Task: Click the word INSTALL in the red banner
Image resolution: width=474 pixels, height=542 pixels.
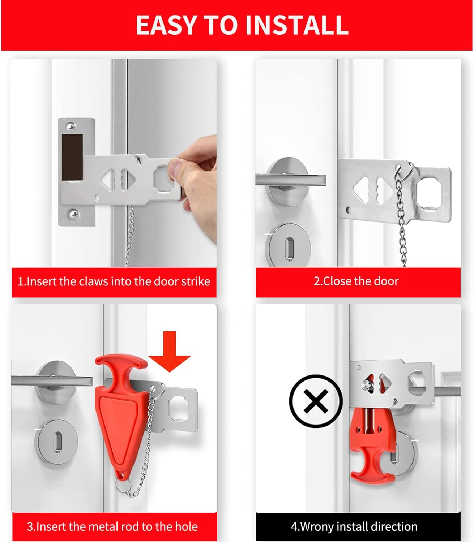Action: click(296, 25)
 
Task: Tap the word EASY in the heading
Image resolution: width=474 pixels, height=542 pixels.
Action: click(166, 25)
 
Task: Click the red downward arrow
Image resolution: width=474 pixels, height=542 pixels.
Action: click(170, 352)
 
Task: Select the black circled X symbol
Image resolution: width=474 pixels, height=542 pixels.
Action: click(316, 401)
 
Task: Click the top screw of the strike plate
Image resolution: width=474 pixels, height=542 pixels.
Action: click(71, 127)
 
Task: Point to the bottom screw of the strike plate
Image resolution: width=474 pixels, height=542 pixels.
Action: click(74, 214)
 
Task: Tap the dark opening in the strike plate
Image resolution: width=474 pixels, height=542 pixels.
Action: click(72, 157)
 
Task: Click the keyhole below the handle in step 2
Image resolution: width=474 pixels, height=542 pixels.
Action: click(289, 248)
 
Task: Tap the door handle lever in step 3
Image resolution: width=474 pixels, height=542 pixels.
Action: click(52, 381)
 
